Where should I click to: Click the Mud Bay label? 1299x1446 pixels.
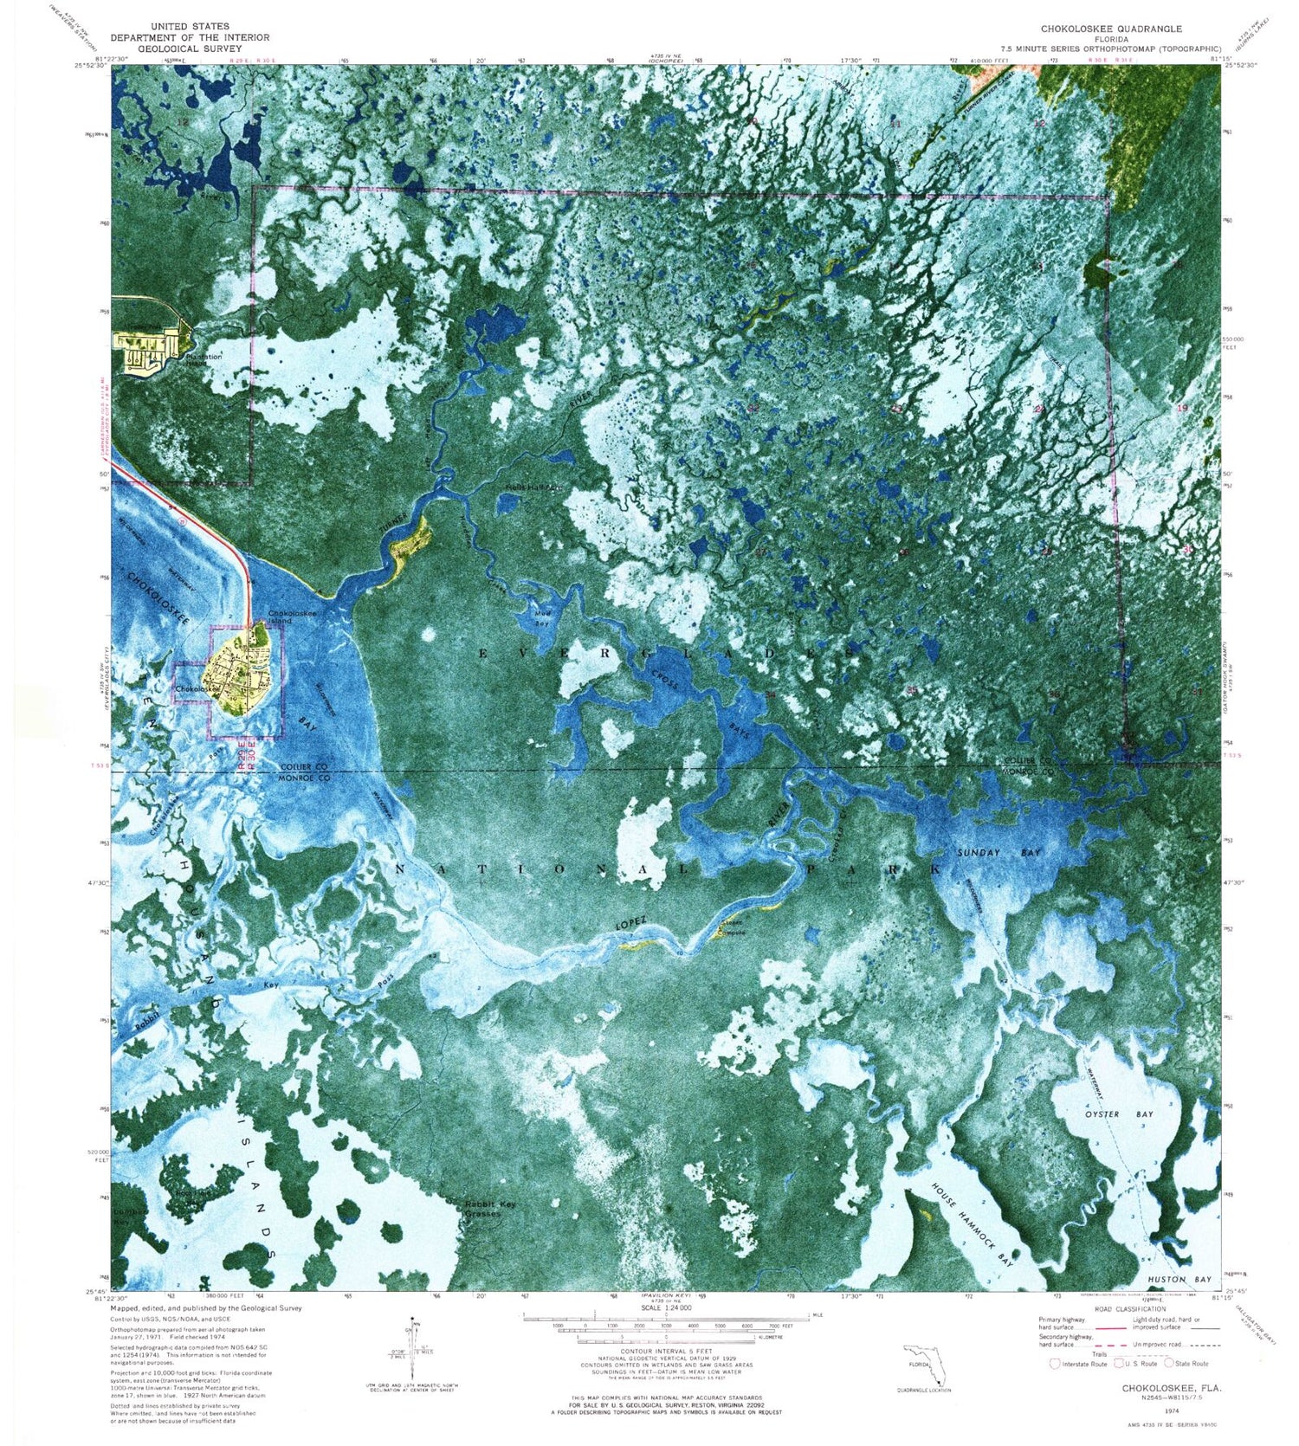tap(542, 618)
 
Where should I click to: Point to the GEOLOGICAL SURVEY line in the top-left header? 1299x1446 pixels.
tap(190, 49)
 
